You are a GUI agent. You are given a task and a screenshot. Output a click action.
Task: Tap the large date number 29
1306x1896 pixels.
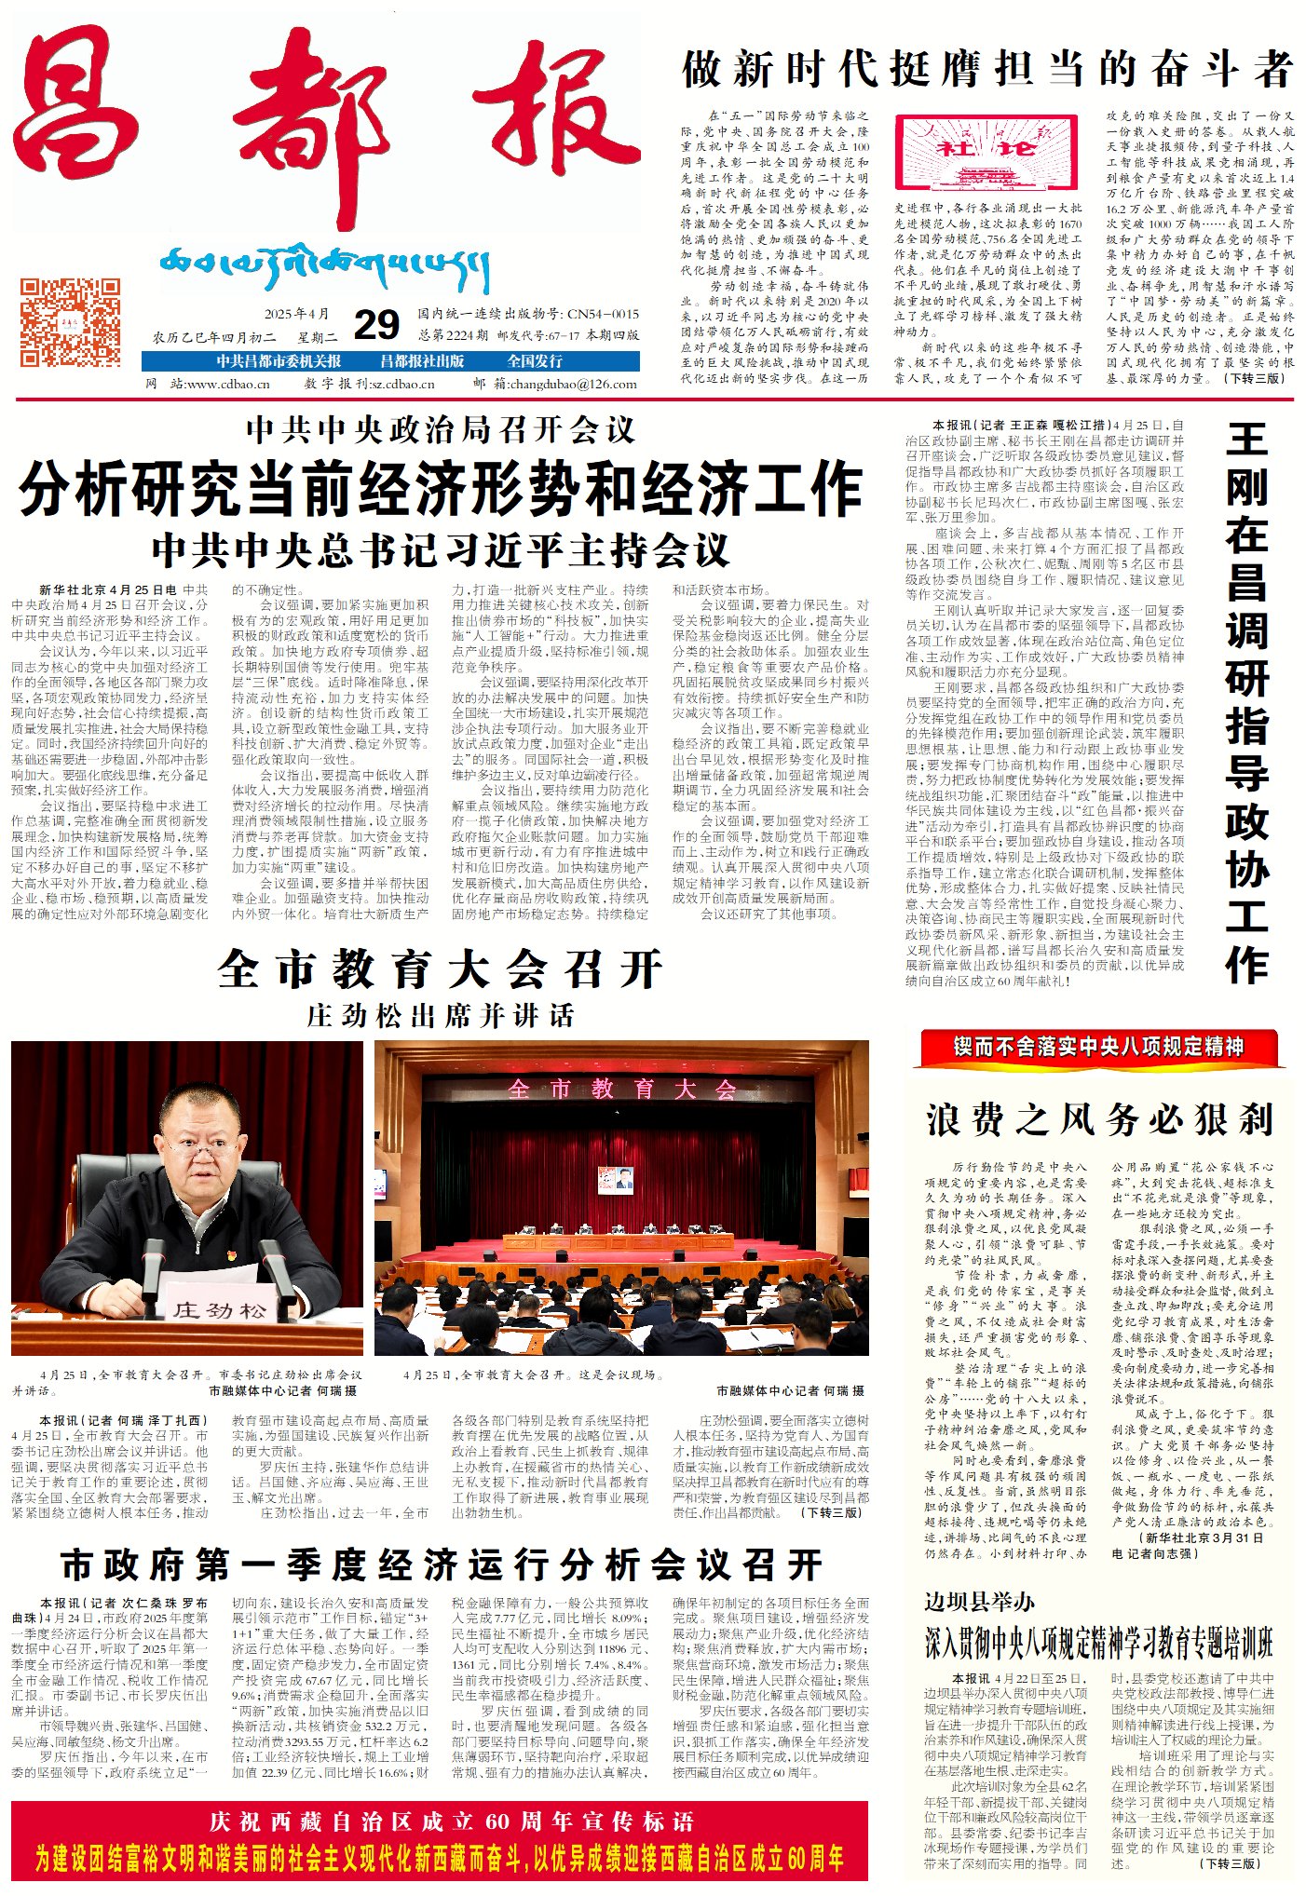[376, 325]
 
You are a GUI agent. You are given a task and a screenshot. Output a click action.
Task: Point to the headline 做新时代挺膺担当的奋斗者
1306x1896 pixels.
[987, 69]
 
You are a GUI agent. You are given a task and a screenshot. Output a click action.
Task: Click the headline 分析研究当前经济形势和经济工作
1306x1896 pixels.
[441, 488]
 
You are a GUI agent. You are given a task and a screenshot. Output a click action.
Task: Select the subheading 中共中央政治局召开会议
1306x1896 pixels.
[441, 429]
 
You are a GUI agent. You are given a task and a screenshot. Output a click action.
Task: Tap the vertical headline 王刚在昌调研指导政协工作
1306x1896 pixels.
[1247, 703]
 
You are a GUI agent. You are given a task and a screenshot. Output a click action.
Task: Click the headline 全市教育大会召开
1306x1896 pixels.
[441, 969]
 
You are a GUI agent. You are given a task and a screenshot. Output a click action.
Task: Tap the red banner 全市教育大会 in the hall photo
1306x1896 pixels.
[621, 1089]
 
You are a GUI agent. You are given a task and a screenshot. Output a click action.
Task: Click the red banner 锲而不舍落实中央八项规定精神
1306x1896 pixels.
[1098, 1046]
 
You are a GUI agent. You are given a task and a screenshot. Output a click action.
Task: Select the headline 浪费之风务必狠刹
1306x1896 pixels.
[1099, 1118]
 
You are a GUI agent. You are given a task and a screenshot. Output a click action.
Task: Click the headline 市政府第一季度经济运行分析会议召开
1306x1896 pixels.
[441, 1565]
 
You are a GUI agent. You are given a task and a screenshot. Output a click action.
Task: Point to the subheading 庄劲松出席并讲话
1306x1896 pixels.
[441, 1015]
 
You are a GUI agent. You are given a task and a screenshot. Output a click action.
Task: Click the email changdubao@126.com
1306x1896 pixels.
[574, 383]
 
